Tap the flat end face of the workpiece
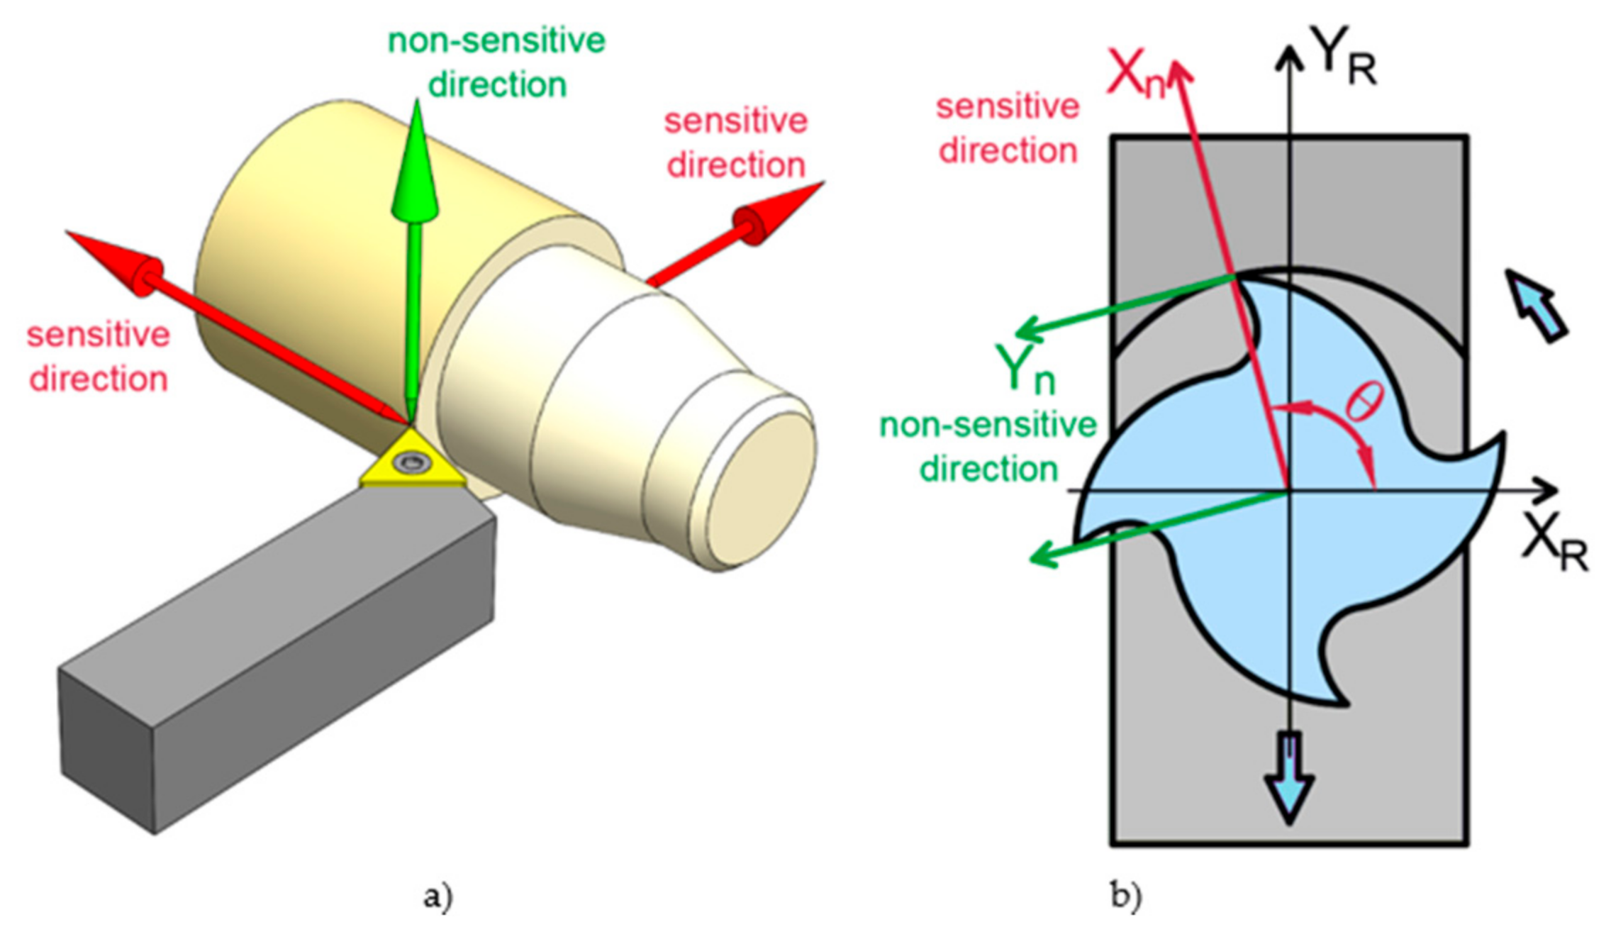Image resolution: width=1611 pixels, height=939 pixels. tap(762, 489)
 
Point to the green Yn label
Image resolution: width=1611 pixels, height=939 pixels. tap(1025, 369)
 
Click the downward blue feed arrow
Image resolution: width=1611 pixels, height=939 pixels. tap(1290, 780)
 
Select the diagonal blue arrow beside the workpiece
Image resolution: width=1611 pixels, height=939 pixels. tap(1535, 305)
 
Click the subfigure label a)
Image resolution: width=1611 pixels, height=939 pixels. tap(437, 896)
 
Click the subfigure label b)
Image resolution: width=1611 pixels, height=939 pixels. tap(1126, 896)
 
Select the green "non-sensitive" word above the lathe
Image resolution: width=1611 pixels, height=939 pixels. tap(496, 41)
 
